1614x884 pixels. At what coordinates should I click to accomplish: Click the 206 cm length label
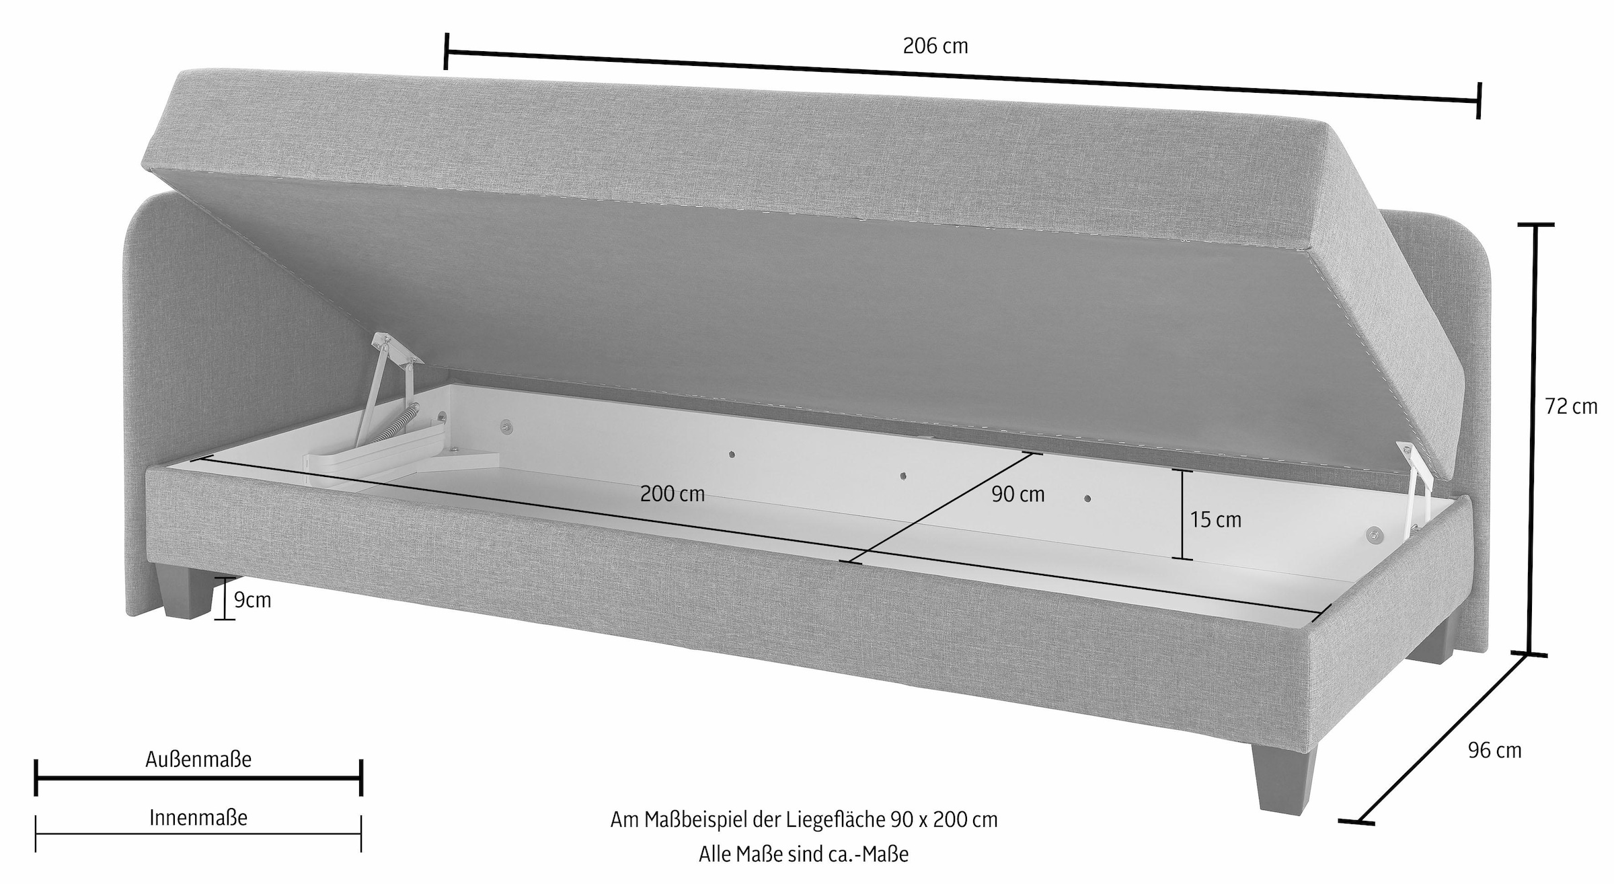tap(935, 46)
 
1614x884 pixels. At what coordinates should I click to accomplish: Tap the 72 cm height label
tap(1571, 406)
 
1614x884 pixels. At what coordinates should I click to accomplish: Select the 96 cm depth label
tap(1494, 750)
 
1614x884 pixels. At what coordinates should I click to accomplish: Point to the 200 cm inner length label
tap(672, 494)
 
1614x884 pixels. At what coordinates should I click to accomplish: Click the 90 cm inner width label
tap(1018, 494)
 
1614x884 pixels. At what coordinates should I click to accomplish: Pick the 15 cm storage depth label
tap(1216, 519)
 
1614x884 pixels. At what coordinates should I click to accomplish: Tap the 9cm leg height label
tap(252, 599)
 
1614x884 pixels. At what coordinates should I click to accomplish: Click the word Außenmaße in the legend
tap(198, 759)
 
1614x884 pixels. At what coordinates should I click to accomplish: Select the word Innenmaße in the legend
tap(198, 817)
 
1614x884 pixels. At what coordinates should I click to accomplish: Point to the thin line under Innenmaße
tap(198, 834)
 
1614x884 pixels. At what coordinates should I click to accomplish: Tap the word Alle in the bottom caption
tap(715, 854)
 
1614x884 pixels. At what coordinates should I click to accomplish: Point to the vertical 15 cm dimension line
tap(1182, 514)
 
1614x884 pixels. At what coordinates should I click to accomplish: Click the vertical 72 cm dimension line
tap(1535, 441)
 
